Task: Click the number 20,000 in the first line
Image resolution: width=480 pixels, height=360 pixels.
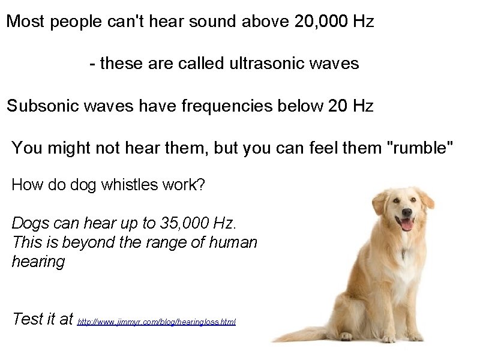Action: pos(321,22)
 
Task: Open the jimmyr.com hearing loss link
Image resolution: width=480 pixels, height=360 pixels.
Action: pos(157,322)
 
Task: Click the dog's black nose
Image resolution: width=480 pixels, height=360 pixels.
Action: pos(407,213)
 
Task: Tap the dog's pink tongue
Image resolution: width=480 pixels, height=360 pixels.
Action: pos(407,225)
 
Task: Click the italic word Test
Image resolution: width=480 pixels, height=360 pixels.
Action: pos(28,319)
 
